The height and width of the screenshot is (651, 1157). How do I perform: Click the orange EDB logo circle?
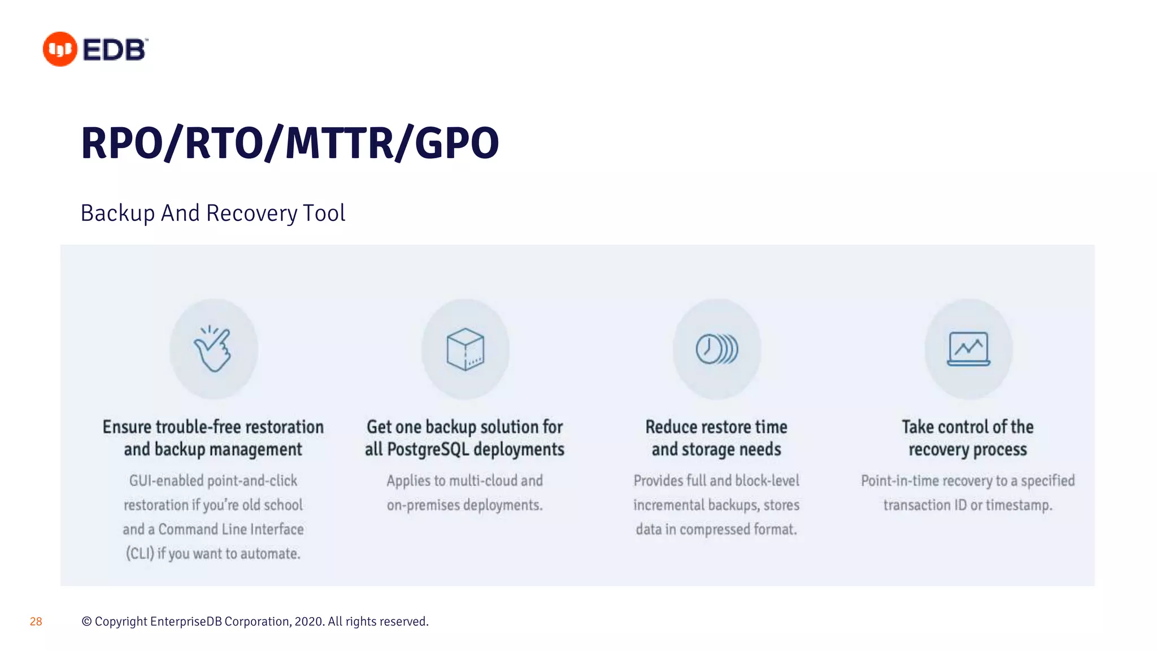pyautogui.click(x=60, y=49)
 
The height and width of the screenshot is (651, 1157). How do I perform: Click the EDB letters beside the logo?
pyautogui.click(x=115, y=50)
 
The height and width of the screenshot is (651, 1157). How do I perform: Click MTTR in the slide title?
pyautogui.click(x=339, y=144)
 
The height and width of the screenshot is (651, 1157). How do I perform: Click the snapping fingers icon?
pyautogui.click(x=213, y=349)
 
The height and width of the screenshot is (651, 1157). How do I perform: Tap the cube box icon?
pyautogui.click(x=465, y=349)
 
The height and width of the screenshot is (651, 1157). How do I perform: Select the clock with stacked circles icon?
pyautogui.click(x=716, y=349)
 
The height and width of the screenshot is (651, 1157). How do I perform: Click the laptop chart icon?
pyautogui.click(x=968, y=349)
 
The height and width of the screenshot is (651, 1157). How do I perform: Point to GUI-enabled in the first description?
pyautogui.click(x=166, y=481)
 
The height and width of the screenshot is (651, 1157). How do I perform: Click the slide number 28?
pyautogui.click(x=36, y=622)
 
